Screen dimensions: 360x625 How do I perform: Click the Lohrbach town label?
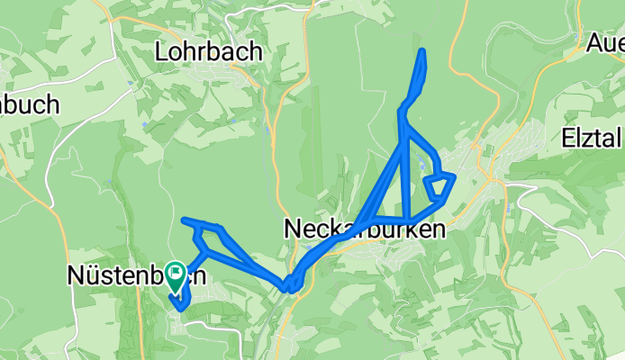click(x=208, y=51)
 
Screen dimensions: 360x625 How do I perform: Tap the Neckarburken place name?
click(x=364, y=229)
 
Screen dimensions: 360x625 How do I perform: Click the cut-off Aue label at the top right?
click(x=604, y=42)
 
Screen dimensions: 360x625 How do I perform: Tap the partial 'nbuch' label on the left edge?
click(x=29, y=104)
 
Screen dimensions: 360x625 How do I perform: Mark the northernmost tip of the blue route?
click(x=422, y=50)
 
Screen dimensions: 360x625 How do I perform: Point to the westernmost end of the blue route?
click(x=184, y=220)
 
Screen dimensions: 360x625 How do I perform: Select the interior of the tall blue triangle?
click(x=396, y=193)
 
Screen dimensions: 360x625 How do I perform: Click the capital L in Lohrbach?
click(x=162, y=51)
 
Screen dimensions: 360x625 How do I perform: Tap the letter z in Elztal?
click(x=590, y=139)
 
